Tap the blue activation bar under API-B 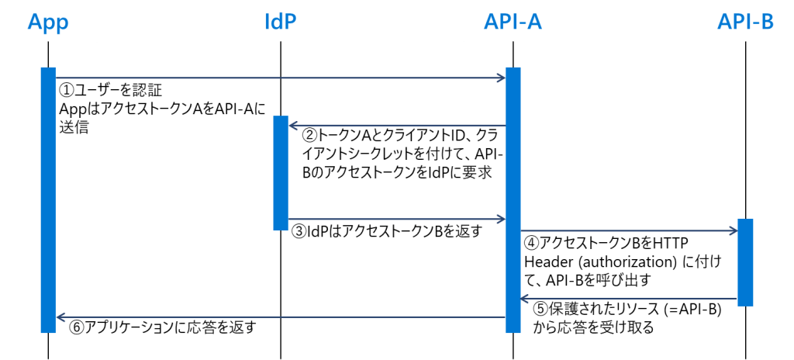point(745,262)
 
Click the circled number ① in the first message point(66,92)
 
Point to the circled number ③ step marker point(299,232)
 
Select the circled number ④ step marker point(530,243)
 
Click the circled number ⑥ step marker point(75,327)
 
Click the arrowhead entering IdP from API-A point(293,125)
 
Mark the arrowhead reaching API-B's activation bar point(733,230)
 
